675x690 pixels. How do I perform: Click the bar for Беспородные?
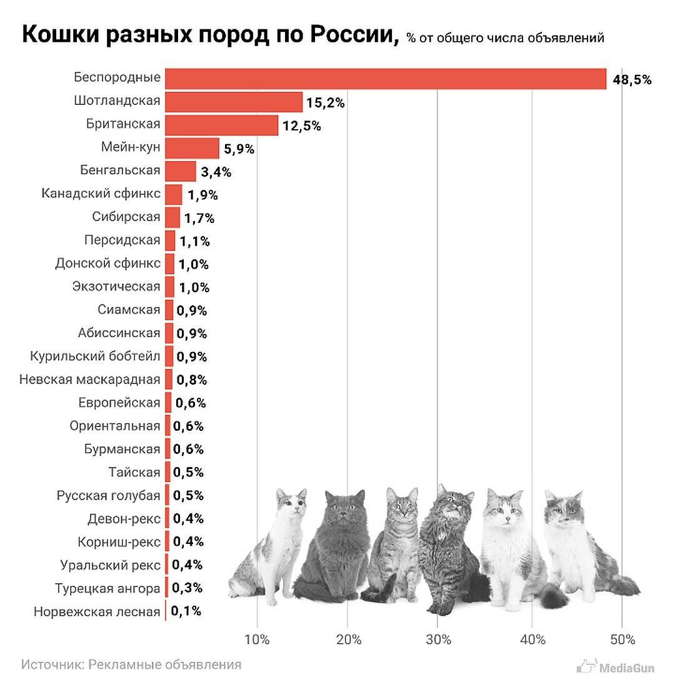point(385,79)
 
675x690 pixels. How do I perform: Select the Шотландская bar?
point(234,102)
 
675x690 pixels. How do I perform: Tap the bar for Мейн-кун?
point(192,148)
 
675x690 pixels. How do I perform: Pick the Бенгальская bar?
point(181,170)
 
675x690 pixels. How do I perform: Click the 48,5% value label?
point(632,80)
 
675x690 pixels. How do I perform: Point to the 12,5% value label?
point(301,126)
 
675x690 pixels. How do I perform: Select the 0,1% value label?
point(186,611)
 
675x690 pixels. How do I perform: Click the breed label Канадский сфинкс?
point(101,194)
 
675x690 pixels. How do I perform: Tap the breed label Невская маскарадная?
point(90,379)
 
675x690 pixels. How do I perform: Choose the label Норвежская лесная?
point(97,611)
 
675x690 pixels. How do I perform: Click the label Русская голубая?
point(108,496)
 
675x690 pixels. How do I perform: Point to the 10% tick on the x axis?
point(257,639)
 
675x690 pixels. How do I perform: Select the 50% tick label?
point(622,639)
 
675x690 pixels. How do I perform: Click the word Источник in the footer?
point(48,664)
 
